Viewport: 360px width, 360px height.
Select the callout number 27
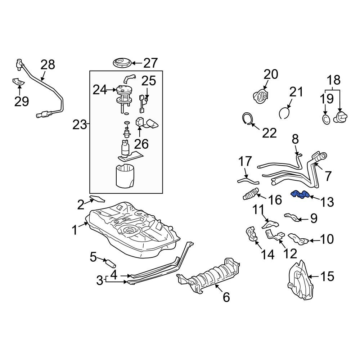click(150, 63)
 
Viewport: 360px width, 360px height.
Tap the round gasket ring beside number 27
click(121, 63)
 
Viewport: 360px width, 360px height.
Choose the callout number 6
click(226, 297)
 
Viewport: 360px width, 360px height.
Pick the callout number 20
click(271, 74)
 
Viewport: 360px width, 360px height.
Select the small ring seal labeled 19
click(325, 119)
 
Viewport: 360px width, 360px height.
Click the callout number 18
click(333, 80)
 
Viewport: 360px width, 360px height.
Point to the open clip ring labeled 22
click(247, 119)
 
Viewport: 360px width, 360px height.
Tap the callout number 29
click(21, 102)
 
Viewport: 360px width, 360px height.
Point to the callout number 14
click(267, 255)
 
